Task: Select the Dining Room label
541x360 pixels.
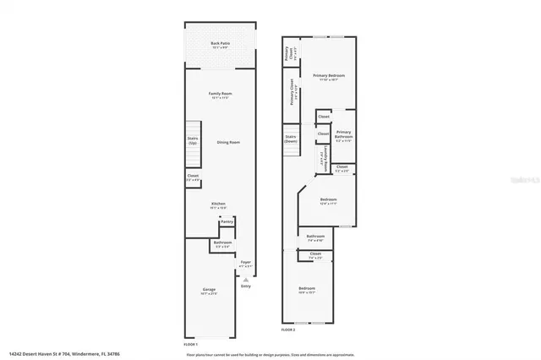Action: (227, 142)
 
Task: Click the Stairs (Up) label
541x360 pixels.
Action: (193, 141)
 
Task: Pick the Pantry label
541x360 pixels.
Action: (226, 221)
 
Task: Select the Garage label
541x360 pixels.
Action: (208, 292)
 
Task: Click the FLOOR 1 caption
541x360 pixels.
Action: (191, 345)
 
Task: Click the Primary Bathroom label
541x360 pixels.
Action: (343, 135)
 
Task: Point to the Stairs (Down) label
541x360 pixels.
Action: (292, 139)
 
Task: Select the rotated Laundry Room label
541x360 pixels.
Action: (322, 158)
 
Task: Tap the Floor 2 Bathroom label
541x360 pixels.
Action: (315, 237)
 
